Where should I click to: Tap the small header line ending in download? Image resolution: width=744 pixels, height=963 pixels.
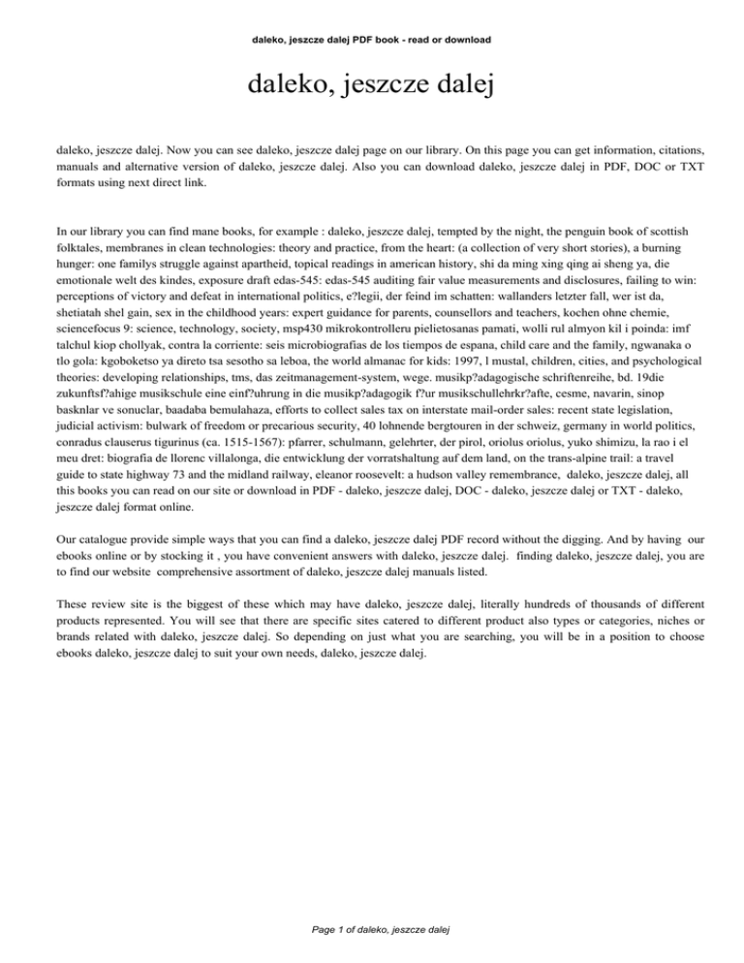(372, 40)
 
